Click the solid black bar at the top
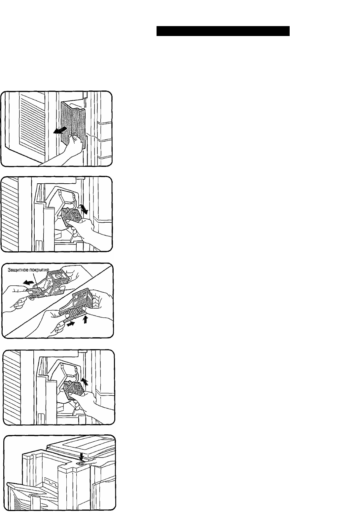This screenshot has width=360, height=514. [223, 31]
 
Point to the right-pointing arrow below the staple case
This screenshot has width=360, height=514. [71, 324]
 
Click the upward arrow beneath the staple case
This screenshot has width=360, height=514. [85, 319]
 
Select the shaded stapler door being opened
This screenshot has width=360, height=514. [73, 124]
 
